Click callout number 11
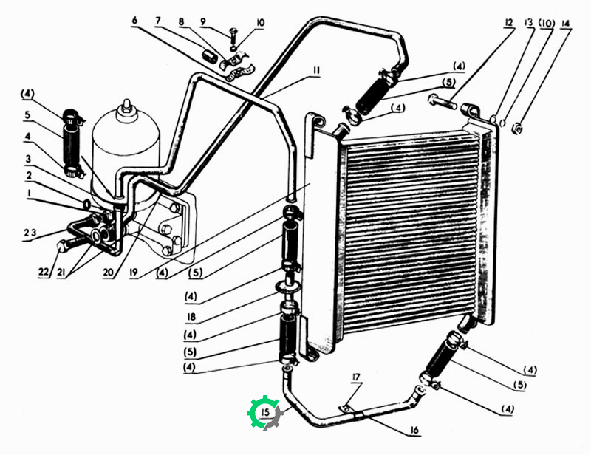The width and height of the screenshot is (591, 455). pyautogui.click(x=315, y=70)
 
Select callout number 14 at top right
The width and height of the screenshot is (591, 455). pyautogui.click(x=565, y=24)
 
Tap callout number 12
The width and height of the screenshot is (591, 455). pyautogui.click(x=509, y=23)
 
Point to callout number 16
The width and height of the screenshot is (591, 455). pyautogui.click(x=414, y=430)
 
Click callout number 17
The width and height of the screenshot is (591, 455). pyautogui.click(x=356, y=377)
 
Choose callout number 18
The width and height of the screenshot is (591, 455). pyautogui.click(x=191, y=317)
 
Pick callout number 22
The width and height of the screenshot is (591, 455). pyautogui.click(x=44, y=271)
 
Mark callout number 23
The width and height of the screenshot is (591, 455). pyautogui.click(x=30, y=233)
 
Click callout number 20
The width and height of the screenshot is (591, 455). pyautogui.click(x=108, y=272)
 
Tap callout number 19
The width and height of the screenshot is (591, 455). pyautogui.click(x=134, y=272)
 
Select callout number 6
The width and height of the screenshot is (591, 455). pyautogui.click(x=134, y=21)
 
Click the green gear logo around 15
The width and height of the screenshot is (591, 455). pyautogui.click(x=265, y=412)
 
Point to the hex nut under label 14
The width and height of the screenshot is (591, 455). pyautogui.click(x=516, y=129)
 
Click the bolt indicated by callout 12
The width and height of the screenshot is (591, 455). pyautogui.click(x=442, y=102)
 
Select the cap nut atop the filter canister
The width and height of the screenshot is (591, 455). pyautogui.click(x=126, y=106)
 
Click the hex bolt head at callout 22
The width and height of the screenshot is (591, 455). pyautogui.click(x=62, y=247)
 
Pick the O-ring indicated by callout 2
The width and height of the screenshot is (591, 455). pyautogui.click(x=86, y=205)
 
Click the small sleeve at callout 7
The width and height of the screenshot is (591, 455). pyautogui.click(x=210, y=56)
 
